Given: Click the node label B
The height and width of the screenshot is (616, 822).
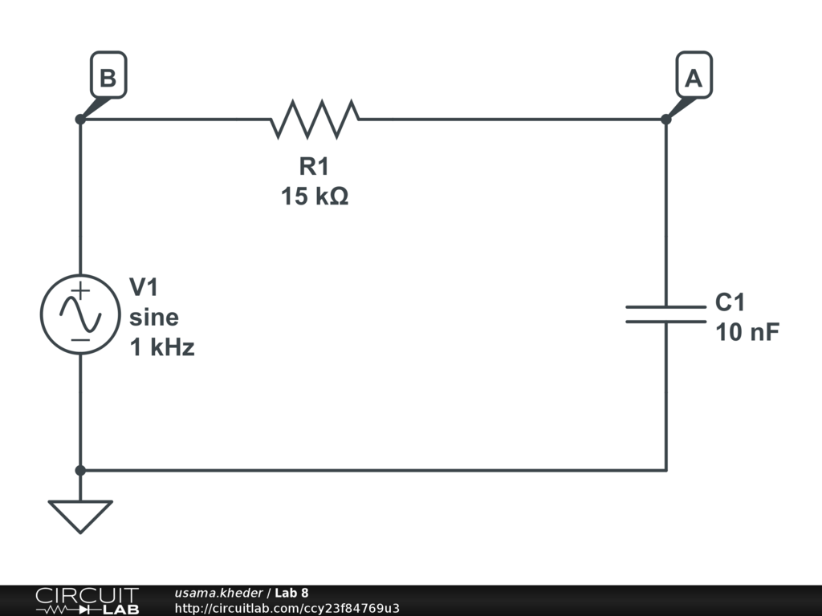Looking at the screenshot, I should [x=108, y=79].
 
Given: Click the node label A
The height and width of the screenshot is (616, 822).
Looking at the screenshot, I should [x=693, y=79].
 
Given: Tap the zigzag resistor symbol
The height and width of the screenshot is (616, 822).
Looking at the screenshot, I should [x=315, y=119].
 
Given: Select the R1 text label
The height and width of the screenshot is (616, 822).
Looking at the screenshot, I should [x=315, y=167].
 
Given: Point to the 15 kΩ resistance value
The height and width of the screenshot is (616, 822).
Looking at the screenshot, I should [x=315, y=196].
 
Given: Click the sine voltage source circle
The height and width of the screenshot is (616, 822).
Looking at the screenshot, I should [x=80, y=314].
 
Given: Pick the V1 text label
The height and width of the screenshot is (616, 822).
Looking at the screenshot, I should [x=145, y=287].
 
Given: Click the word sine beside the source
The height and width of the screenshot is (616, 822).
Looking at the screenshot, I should [x=154, y=318].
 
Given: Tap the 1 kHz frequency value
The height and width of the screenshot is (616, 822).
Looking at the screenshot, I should [x=162, y=348].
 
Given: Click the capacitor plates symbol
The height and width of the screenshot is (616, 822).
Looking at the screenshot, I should [x=665, y=314].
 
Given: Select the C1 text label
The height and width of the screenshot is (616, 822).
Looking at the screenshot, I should [x=730, y=302].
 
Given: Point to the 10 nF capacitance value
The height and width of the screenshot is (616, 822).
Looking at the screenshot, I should [x=747, y=333].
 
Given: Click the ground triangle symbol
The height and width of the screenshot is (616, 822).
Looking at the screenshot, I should [x=80, y=514].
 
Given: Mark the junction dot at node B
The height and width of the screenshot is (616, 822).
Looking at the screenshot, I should [x=80, y=120].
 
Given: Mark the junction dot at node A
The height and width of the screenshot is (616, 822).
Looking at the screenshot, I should [x=665, y=120].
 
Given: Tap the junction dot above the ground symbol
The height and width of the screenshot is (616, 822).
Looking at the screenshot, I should [x=80, y=470].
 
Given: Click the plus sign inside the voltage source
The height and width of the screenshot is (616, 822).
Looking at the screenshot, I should [x=80, y=291].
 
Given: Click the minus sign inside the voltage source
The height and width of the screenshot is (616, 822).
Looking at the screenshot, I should [x=80, y=339].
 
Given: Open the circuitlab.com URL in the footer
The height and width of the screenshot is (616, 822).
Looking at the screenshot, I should [x=287, y=608].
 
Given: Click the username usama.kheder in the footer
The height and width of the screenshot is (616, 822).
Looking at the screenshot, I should [x=218, y=593].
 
